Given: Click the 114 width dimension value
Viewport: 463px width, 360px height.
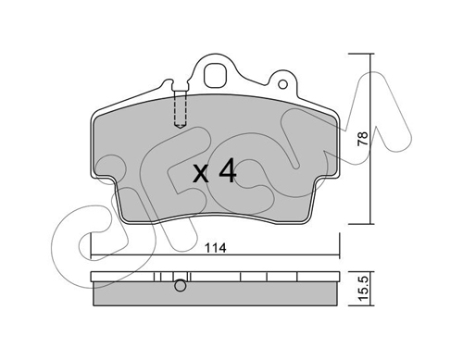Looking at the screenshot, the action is [x=216, y=248].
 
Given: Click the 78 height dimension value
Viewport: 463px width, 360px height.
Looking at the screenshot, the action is [x=363, y=139].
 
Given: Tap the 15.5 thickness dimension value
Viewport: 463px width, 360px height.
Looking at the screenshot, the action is [x=363, y=289].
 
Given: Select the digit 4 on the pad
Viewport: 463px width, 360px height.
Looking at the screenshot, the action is [x=227, y=171].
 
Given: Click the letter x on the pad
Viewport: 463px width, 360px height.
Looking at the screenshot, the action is [x=201, y=174].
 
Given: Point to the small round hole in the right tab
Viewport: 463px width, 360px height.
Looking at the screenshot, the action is [x=282, y=83].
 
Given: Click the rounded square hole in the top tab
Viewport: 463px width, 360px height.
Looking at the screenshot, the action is [x=216, y=76].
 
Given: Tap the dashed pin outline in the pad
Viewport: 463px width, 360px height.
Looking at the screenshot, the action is [x=181, y=109].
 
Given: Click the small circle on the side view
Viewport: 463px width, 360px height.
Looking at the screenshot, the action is [x=181, y=286].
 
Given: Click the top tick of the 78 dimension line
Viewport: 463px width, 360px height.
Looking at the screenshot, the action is [x=361, y=54].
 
